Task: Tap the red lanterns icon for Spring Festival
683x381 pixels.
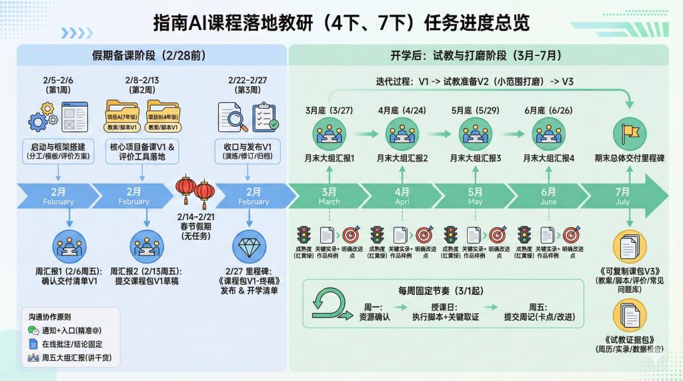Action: pos(195,190)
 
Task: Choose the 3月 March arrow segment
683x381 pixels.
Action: pos(329,196)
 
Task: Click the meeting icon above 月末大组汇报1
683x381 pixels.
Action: pos(329,133)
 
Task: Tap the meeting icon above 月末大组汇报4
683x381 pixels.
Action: pos(549,133)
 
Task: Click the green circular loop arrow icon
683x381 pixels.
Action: pos(327,304)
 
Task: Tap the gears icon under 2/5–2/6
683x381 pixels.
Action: pos(41,117)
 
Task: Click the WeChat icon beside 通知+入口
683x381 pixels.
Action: pos(34,330)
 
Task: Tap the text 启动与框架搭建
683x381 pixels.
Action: pos(59,146)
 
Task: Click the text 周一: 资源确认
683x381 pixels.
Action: pos(372,312)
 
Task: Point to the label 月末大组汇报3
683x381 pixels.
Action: pos(476,159)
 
